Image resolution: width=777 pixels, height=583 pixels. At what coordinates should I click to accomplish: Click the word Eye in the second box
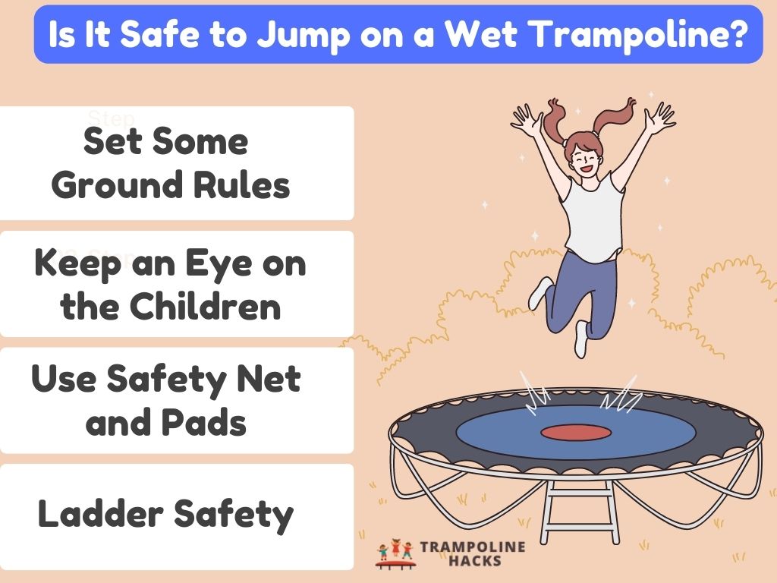[220, 266]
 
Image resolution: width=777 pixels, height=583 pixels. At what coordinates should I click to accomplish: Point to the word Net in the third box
[275, 380]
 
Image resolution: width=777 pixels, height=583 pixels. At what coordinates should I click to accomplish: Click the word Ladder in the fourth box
[96, 515]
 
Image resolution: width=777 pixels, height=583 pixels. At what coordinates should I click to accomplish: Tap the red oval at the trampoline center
[576, 432]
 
